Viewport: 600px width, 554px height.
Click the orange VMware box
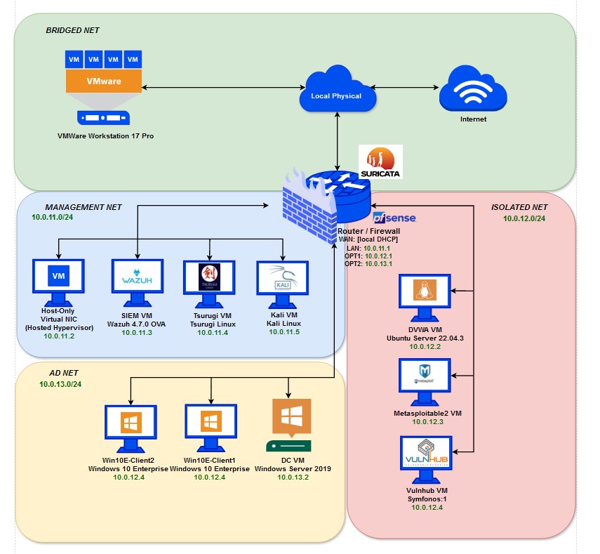103,81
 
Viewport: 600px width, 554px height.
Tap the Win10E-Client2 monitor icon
129,426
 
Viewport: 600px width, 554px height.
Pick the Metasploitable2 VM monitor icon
424,378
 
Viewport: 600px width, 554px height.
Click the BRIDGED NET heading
72,31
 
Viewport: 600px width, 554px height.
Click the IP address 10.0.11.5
283,331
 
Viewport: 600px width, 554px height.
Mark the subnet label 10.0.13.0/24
60,384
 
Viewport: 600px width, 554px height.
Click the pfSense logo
394,218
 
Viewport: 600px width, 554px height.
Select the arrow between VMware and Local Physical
220,88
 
